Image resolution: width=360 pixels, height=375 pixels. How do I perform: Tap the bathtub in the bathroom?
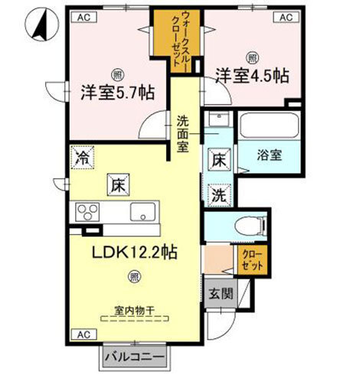[267, 125]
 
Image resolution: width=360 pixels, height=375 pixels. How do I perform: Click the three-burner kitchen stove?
[87, 212]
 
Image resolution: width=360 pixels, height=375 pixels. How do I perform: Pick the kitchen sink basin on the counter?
[143, 212]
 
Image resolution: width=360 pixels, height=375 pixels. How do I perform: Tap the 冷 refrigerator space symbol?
[82, 158]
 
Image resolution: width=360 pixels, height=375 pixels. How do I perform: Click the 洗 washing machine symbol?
[218, 194]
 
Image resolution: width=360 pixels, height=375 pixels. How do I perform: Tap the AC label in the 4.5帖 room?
[285, 17]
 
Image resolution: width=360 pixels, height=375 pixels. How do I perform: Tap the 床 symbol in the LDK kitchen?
[117, 184]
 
